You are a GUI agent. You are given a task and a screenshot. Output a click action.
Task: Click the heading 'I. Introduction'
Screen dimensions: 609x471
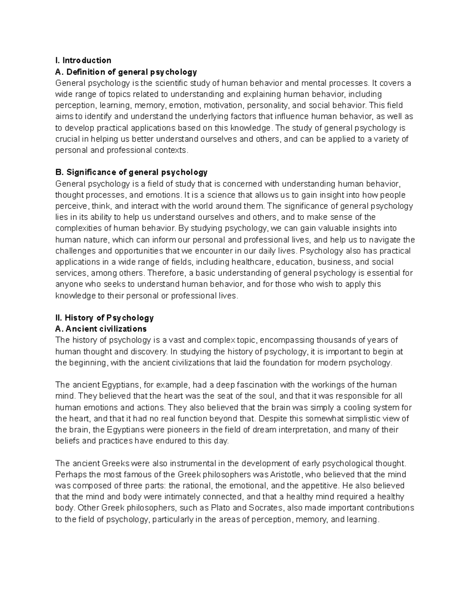click(x=83, y=60)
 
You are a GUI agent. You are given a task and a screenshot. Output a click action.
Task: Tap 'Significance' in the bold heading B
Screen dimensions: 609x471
click(x=91, y=172)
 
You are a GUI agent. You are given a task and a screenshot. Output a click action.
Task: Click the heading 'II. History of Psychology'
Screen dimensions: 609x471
click(x=104, y=318)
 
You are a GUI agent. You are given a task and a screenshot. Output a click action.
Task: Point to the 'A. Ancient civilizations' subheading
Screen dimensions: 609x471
click(x=101, y=329)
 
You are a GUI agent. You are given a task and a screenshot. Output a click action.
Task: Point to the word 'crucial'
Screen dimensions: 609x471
click(x=68, y=139)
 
